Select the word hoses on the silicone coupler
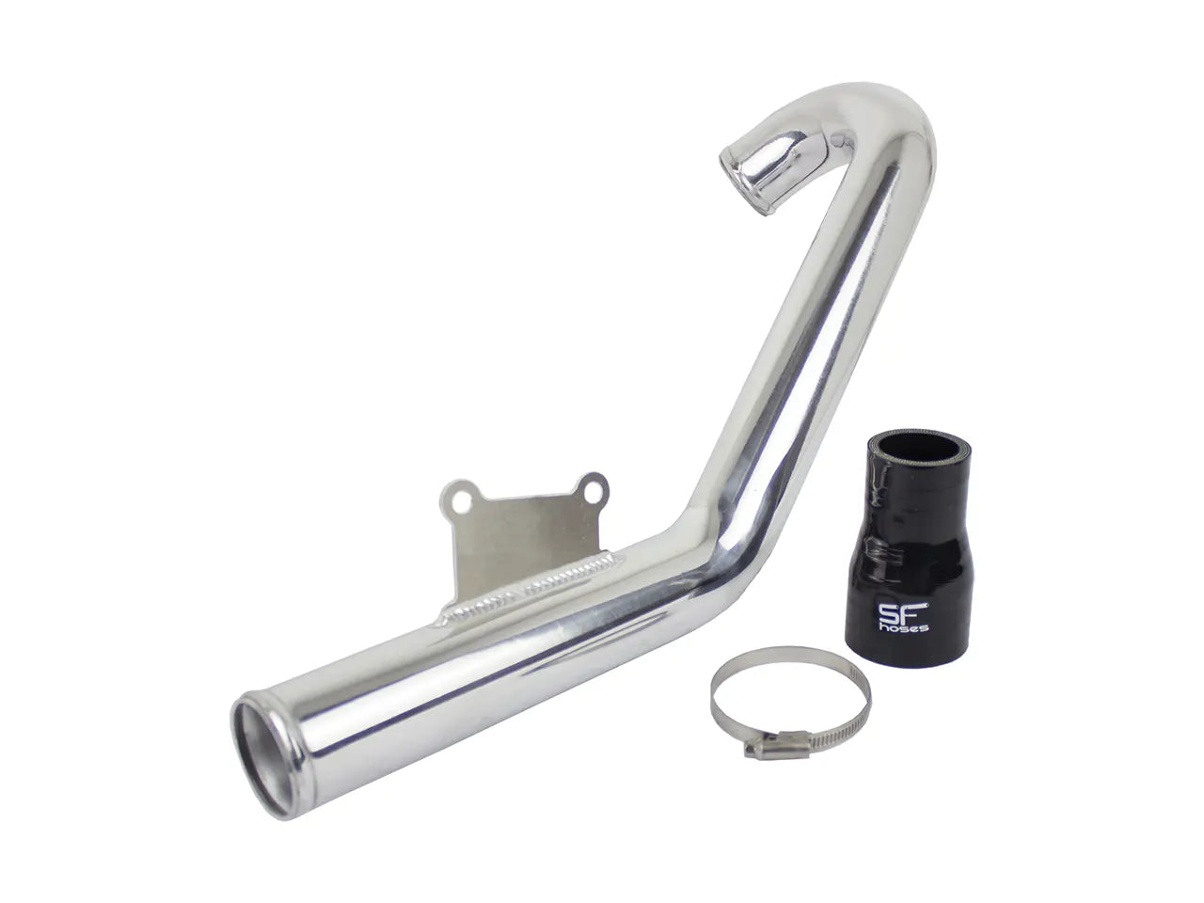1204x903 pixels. point(903,627)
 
